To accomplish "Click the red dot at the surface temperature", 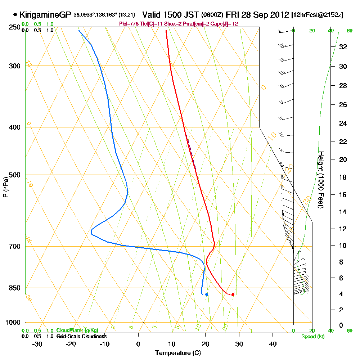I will (233, 294).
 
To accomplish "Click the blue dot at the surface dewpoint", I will (207, 294).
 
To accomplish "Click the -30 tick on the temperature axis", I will (38, 344).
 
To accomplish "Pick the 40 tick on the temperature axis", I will (273, 344).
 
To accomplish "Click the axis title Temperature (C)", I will (178, 353).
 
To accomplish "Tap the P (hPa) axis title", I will (5, 187).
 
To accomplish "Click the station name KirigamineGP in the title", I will (45, 15).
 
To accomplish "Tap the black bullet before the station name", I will (15, 15).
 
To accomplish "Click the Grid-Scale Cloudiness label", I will (81, 336).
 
